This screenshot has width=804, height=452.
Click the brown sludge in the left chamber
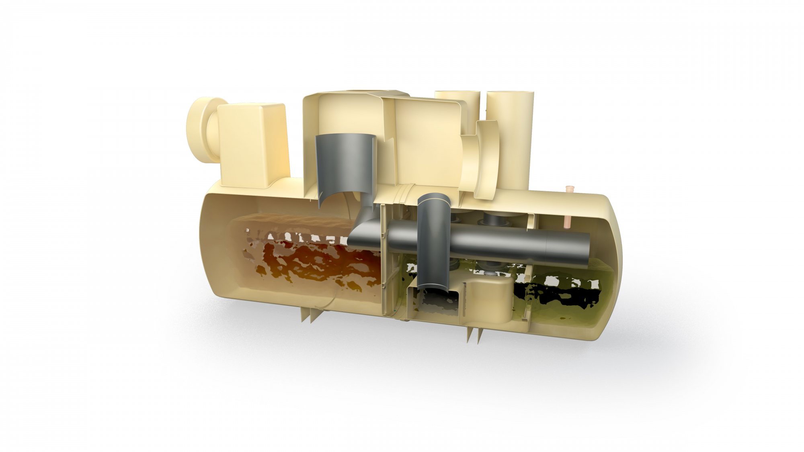tap(318, 261)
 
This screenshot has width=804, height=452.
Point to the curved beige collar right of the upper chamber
tap(484, 161)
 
